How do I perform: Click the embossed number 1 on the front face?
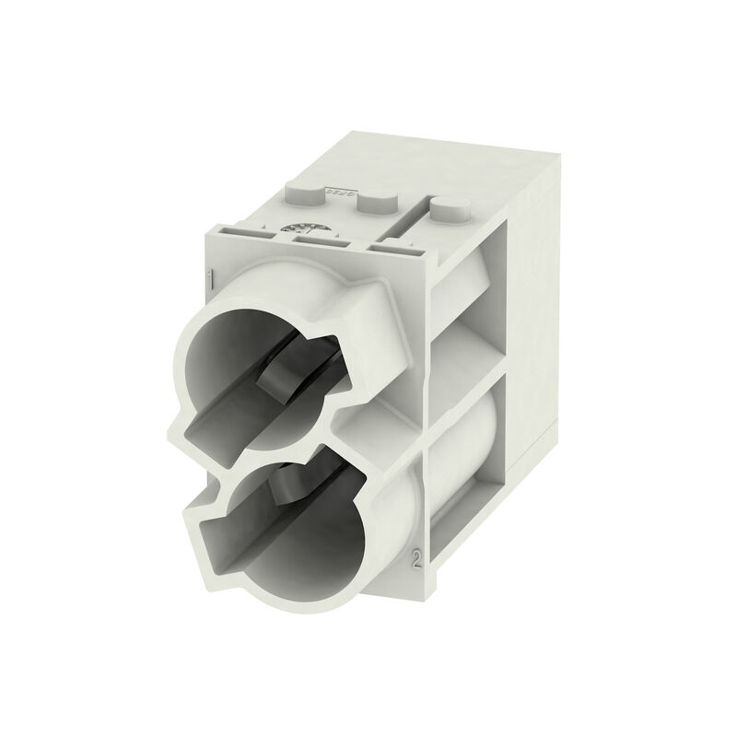[211, 278]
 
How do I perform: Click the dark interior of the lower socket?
[276, 534]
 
